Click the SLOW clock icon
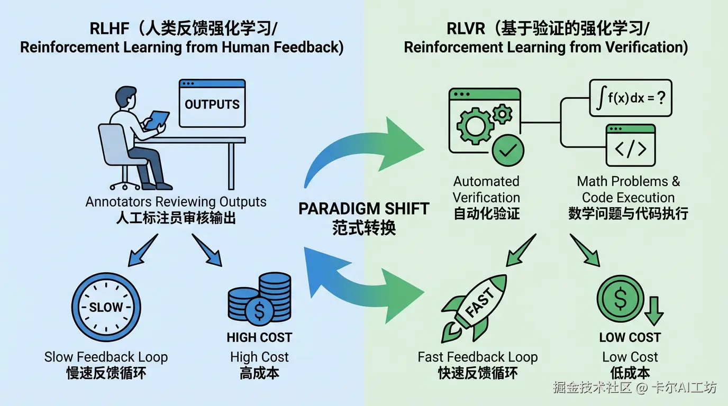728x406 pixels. (106, 307)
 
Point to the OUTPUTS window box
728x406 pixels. (212, 104)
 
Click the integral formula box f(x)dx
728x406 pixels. (631, 98)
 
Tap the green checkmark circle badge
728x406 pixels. (507, 151)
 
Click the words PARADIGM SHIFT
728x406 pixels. (364, 208)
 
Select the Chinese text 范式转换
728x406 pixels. (364, 228)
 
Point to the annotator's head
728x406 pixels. (125, 98)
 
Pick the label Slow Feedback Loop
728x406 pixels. (106, 357)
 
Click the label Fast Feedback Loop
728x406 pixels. (477, 357)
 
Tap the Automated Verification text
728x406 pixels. (486, 189)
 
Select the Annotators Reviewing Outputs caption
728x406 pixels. (176, 202)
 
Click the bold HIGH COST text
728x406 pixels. (259, 337)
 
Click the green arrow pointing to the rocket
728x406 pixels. (520, 251)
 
